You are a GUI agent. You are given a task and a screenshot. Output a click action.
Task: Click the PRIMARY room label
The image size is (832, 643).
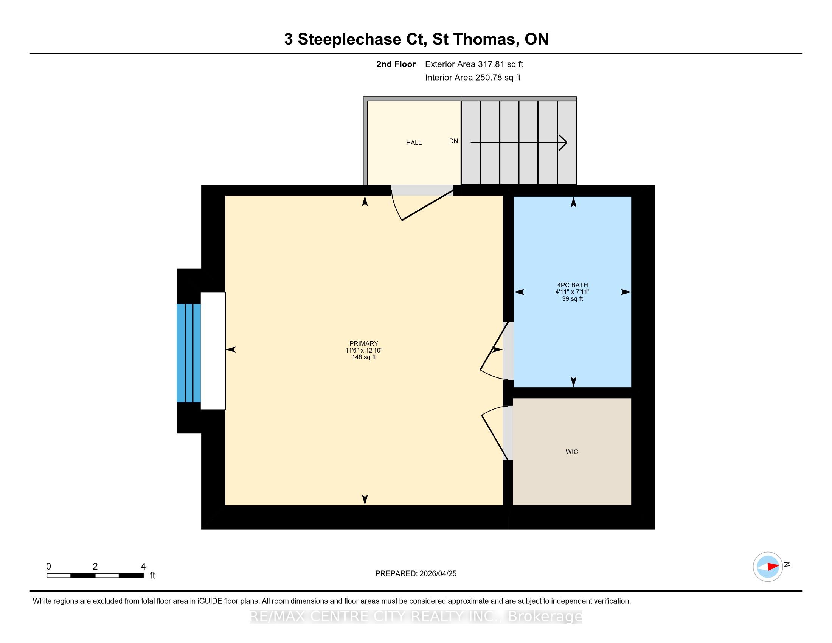point(363,343)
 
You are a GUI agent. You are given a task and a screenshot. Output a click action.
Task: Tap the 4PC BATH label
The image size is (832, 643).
point(572,285)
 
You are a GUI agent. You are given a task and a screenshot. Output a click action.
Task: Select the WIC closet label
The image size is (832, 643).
point(572,452)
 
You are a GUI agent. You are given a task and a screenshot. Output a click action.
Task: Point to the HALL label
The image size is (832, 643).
point(414,143)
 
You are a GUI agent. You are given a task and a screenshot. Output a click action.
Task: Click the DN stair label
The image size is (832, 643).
point(453,141)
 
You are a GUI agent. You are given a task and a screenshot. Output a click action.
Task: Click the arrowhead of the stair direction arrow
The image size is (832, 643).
point(563,143)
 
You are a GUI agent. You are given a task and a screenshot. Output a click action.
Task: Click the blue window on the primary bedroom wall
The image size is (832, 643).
point(189,353)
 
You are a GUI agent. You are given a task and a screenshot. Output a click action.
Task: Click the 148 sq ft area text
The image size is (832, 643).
point(364,357)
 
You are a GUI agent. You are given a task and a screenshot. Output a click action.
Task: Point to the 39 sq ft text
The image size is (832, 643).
point(572,299)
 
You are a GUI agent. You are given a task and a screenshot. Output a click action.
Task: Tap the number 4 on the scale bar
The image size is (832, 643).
point(143,567)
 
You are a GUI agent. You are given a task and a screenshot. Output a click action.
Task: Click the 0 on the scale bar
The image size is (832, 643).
point(48,567)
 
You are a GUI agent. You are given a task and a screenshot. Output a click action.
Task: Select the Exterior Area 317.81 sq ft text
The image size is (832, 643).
point(474,64)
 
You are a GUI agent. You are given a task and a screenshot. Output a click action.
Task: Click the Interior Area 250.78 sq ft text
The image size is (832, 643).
point(472,78)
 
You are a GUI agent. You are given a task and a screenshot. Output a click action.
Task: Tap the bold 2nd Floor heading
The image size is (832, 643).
point(396,64)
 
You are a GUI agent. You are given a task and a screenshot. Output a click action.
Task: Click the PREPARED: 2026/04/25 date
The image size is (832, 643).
point(416,574)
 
